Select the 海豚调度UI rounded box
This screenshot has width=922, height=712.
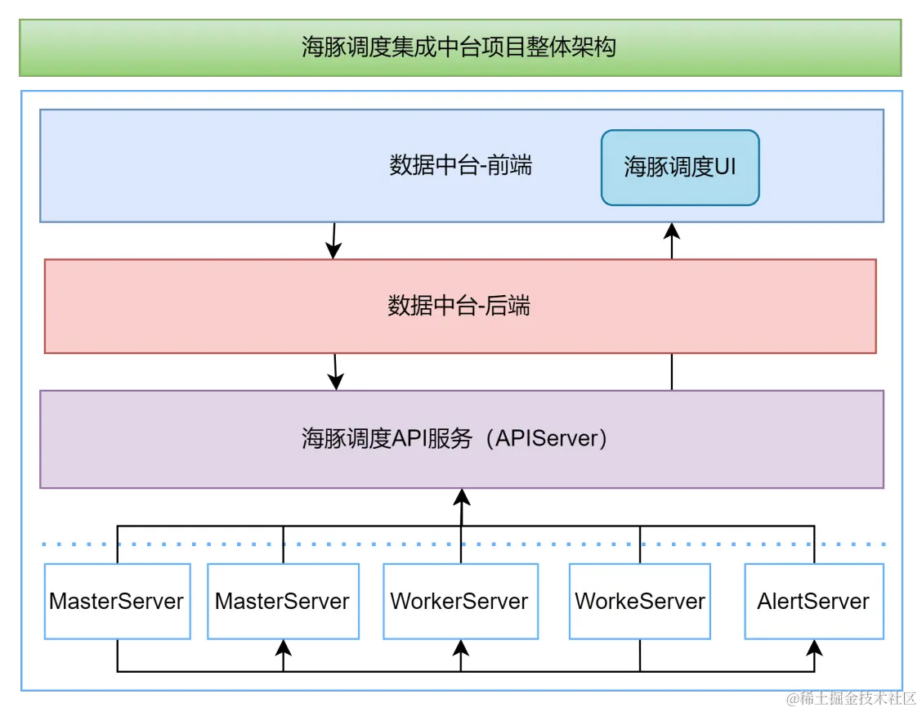pos(680,168)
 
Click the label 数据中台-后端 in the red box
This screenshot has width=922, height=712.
pos(459,307)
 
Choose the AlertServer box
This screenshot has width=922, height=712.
pos(813,602)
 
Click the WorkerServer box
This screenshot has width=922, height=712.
pos(460,602)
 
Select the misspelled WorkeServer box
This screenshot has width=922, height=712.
pos(639,602)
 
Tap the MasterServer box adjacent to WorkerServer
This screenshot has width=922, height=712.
pos(283,602)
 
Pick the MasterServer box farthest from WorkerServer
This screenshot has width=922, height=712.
pos(117,602)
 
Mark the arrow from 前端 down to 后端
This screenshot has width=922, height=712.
pos(333,241)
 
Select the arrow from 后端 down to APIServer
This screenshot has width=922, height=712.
pos(335,373)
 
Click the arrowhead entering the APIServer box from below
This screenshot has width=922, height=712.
pos(461,496)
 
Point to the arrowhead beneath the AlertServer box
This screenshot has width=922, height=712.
pos(814,647)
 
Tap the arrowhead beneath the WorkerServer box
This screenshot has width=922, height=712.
pos(461,647)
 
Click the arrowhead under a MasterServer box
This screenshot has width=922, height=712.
pos(284,647)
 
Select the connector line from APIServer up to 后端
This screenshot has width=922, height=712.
pos(672,372)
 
